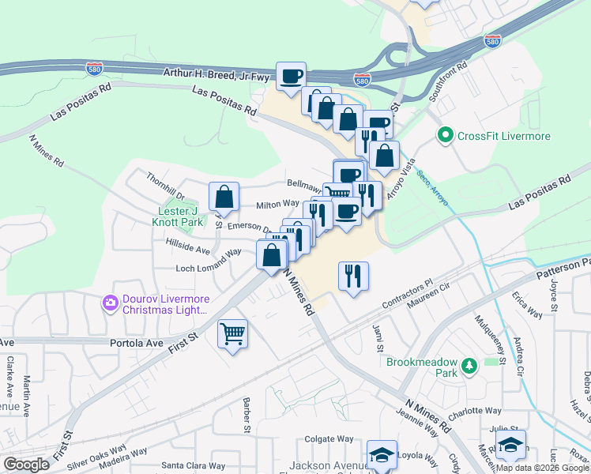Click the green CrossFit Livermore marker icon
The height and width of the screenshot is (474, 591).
pyautogui.click(x=445, y=137)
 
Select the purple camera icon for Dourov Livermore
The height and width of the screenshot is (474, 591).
pyautogui.click(x=109, y=303)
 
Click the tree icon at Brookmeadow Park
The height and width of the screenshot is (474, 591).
pyautogui.click(x=470, y=366)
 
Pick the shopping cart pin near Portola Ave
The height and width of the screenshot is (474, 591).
pyautogui.click(x=232, y=333)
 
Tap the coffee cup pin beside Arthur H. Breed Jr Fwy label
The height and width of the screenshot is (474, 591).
pyautogui.click(x=291, y=76)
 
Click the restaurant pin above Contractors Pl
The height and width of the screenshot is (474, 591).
pyautogui.click(x=352, y=275)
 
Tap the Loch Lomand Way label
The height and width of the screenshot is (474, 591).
pyautogui.click(x=209, y=261)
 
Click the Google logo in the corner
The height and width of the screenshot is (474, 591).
pyautogui.click(x=27, y=465)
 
